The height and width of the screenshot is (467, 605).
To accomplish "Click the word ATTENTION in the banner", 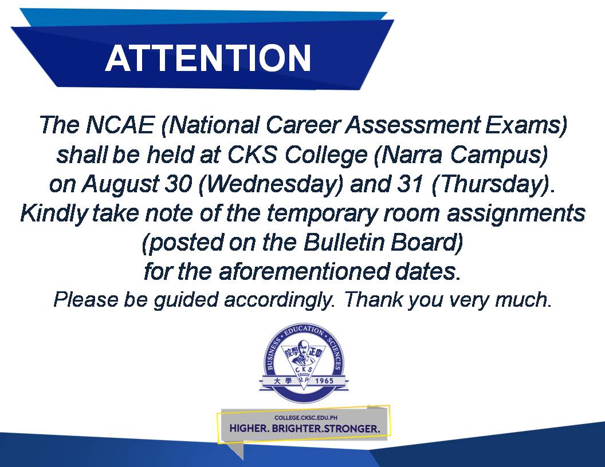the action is coord(208,58).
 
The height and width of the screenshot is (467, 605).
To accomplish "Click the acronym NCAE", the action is coord(120,125).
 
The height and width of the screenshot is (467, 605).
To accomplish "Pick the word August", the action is coord(120,184).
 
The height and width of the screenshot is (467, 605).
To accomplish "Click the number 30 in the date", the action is coord(178,184).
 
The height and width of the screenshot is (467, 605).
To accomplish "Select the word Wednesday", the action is coord(270,184).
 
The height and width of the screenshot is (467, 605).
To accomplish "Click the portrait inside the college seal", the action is coord(303,354).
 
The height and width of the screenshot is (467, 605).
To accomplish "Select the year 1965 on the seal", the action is coord(324,381).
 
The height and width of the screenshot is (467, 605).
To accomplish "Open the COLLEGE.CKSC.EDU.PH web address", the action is coord(306,418).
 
